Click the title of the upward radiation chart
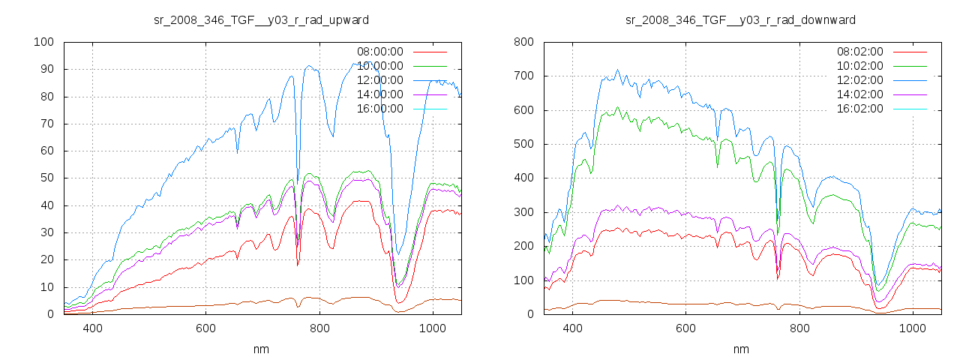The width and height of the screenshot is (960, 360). [x=260, y=19]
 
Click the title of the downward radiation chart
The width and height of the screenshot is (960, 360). [x=740, y=19]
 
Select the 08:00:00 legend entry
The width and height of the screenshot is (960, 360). [x=379, y=52]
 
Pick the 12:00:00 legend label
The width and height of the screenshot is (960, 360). [x=379, y=80]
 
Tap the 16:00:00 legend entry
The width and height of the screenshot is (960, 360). [x=379, y=109]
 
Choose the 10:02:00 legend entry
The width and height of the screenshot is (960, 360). [x=859, y=66]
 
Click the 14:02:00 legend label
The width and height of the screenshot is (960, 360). [x=859, y=94]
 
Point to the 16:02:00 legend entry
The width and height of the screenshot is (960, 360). [x=859, y=109]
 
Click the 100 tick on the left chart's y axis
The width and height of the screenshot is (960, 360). [x=43, y=42]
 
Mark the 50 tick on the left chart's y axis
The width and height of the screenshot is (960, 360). [x=46, y=178]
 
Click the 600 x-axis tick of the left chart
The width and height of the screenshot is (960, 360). [x=206, y=328]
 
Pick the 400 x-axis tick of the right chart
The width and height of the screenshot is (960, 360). [x=573, y=328]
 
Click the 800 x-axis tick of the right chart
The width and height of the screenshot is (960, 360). [x=799, y=328]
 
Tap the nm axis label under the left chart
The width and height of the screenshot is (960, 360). [x=261, y=349]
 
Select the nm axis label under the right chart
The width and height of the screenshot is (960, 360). [x=741, y=349]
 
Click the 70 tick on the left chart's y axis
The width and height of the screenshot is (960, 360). [x=46, y=124]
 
